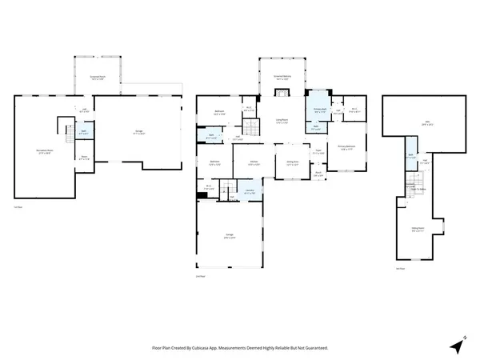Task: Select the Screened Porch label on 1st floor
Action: (x=97, y=78)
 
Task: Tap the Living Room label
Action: (x=281, y=122)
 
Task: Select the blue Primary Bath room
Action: (x=318, y=110)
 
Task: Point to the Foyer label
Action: (x=318, y=151)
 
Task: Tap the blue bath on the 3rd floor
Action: (x=410, y=156)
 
